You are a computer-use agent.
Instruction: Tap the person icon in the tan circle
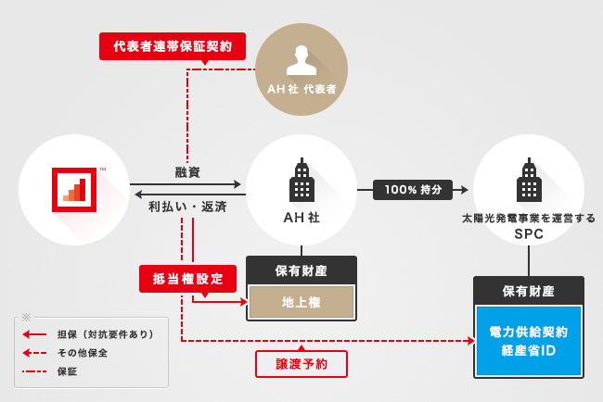(301, 58)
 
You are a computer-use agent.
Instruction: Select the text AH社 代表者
(301, 90)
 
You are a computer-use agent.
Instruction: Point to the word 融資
(188, 172)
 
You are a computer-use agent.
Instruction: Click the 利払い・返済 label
(188, 207)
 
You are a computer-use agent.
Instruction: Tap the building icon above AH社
(301, 181)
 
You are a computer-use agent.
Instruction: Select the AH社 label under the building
(301, 220)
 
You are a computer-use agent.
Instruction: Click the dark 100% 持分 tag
(413, 190)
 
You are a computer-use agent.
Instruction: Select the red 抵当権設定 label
(187, 278)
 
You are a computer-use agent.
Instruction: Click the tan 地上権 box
(301, 301)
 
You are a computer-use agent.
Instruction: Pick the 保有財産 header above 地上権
(301, 271)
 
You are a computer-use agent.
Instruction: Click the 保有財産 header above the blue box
(528, 291)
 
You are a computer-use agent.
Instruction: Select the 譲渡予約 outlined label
(301, 363)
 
